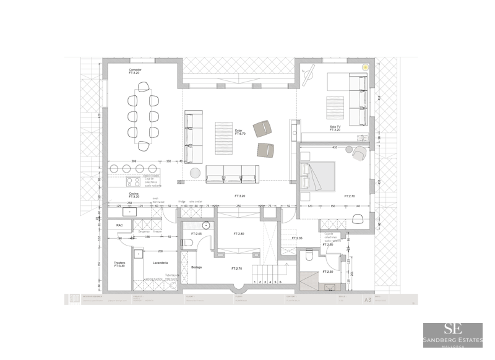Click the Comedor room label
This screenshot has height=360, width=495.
136,70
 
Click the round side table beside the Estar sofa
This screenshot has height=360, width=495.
195,173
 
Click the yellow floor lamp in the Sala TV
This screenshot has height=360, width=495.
365,67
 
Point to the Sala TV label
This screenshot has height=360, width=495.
335,127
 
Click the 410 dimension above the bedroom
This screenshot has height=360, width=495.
335,148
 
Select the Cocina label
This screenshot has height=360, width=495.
133,194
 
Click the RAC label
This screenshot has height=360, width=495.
119,225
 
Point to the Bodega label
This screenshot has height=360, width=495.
197,267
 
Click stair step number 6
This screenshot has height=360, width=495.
281,282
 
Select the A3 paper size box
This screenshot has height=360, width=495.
368,299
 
